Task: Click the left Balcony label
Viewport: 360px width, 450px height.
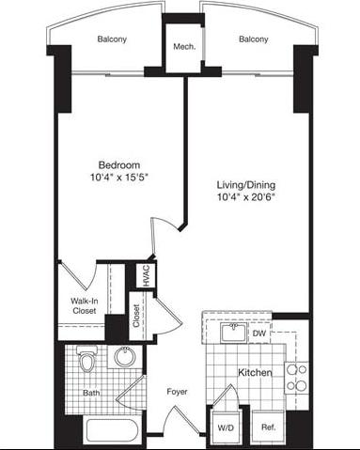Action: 110,39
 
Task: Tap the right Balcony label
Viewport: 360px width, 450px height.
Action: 253,39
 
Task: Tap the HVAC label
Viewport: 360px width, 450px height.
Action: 147,275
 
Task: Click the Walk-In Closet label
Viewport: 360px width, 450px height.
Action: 86,306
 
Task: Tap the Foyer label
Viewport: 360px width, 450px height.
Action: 178,392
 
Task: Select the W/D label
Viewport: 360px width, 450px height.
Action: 226,427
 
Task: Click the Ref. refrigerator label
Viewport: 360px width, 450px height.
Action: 268,427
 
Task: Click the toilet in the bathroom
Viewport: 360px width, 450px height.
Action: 87,361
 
